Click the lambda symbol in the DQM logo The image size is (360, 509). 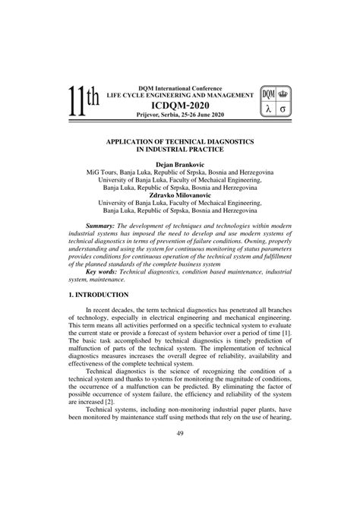tap(269, 109)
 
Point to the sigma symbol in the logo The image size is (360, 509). tap(285, 109)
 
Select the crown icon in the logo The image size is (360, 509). tap(286, 94)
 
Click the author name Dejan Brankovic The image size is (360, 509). tap(180, 164)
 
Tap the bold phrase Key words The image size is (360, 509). tap(103, 271)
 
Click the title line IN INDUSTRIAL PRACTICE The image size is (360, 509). tap(180, 150)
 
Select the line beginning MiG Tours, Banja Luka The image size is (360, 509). tap(180, 172)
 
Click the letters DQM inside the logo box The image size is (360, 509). tap(269, 94)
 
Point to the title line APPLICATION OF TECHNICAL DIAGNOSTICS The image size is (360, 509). tap(180, 142)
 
